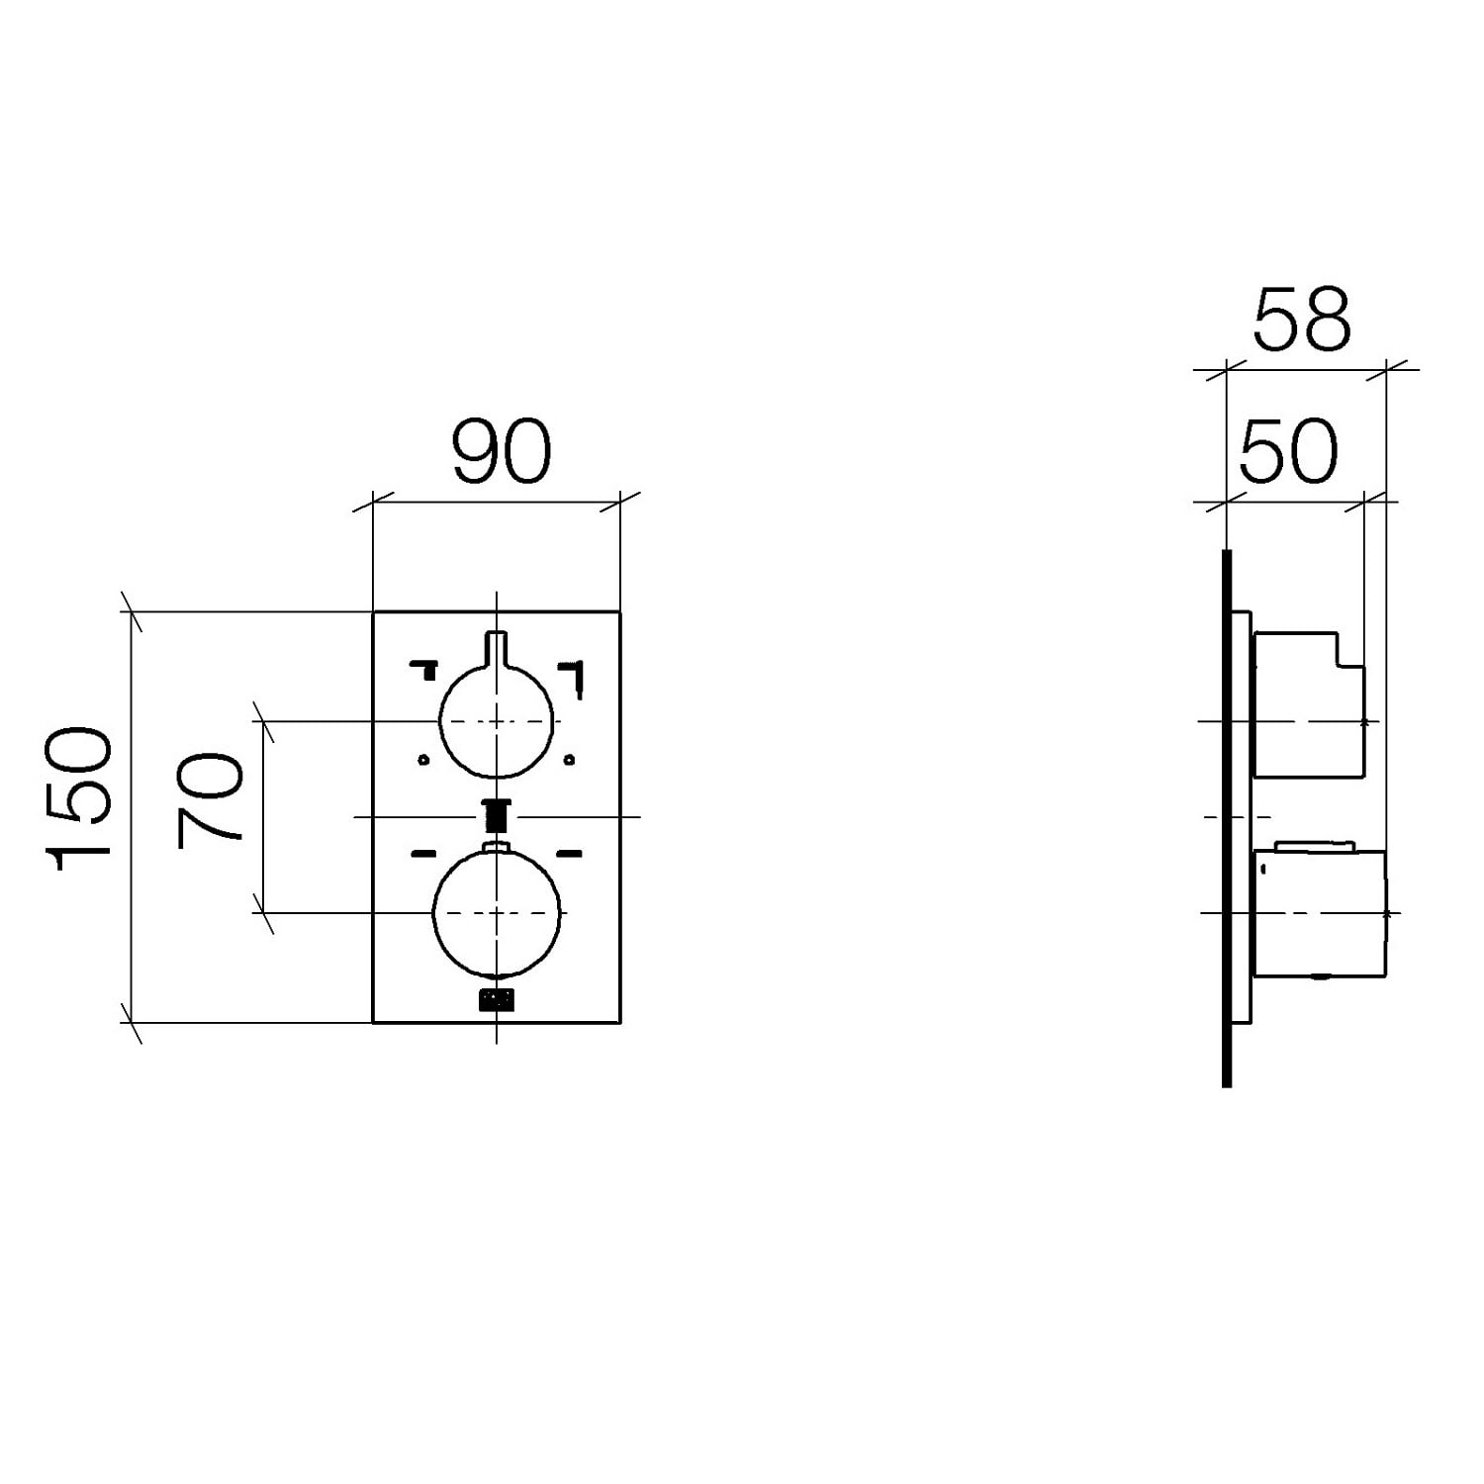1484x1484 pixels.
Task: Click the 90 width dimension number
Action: click(501, 452)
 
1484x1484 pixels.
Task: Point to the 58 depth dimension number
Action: click(1302, 320)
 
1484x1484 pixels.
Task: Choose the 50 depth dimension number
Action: click(1288, 452)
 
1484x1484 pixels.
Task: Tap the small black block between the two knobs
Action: click(497, 813)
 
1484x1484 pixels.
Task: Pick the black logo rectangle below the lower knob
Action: click(497, 1000)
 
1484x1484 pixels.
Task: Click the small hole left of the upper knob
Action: click(423, 760)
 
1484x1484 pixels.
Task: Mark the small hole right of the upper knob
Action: click(570, 760)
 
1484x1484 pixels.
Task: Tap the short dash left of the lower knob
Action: click(423, 852)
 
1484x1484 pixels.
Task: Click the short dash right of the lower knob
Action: click(570, 852)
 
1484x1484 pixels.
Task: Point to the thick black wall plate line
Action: click(1227, 817)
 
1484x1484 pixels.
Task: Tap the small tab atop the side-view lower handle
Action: click(1315, 846)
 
